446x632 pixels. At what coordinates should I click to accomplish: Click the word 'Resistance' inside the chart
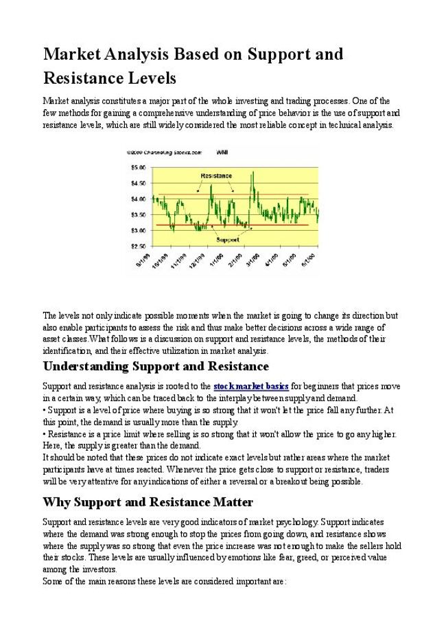(x=215, y=176)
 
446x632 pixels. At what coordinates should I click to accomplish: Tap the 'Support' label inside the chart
(x=227, y=240)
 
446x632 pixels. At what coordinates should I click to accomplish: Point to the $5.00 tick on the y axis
(x=137, y=167)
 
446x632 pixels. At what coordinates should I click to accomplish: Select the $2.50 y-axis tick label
(x=137, y=245)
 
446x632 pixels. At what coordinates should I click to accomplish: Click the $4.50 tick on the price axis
(x=137, y=183)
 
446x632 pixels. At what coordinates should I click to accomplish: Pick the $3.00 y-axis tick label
(x=137, y=229)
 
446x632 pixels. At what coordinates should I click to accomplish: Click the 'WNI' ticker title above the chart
(x=222, y=152)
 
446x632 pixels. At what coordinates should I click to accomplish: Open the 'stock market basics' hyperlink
(x=251, y=386)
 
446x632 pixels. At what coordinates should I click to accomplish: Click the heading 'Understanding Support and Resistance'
(x=156, y=366)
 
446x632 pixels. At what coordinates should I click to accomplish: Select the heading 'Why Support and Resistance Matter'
(x=148, y=502)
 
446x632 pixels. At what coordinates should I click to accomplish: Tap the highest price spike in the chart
(x=253, y=172)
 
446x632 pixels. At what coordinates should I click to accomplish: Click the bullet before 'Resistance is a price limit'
(x=45, y=434)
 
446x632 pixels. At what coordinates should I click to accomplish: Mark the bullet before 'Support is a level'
(x=45, y=410)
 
